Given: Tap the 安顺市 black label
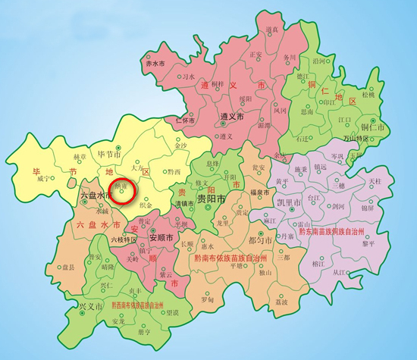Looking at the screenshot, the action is (162, 235).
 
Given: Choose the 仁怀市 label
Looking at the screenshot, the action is (187, 120).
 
